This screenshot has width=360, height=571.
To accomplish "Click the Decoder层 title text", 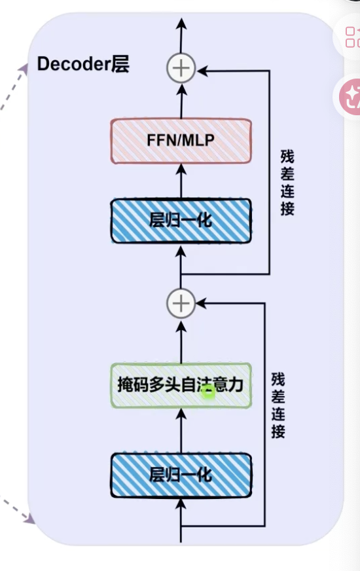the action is click(83, 64).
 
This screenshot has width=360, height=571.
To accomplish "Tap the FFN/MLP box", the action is click(181, 141).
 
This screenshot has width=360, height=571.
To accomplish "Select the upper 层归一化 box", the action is click(181, 221).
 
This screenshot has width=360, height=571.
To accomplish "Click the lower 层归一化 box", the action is click(181, 475).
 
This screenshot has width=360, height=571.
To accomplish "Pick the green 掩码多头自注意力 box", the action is click(181, 385).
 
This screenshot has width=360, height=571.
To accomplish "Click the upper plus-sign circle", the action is click(181, 69).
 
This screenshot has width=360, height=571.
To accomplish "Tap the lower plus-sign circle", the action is click(181, 303).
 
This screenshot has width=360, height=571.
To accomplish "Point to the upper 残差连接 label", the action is click(287, 183).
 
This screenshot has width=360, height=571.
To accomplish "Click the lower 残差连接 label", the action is click(278, 405).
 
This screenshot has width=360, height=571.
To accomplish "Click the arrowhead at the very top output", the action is click(181, 24).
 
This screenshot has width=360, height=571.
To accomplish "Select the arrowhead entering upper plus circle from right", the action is click(202, 71).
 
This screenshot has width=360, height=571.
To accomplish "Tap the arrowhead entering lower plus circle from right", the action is click(202, 303).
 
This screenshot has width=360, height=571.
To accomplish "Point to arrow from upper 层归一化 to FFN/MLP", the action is click(181, 181).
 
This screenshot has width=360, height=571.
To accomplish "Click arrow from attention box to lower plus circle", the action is click(181, 341).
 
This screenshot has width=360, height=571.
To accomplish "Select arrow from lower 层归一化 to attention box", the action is click(181, 430).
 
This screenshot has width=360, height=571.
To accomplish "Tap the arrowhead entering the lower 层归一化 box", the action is click(181, 504).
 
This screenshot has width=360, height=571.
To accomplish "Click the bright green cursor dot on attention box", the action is click(208, 392).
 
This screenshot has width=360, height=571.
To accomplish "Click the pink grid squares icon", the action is click(351, 37).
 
